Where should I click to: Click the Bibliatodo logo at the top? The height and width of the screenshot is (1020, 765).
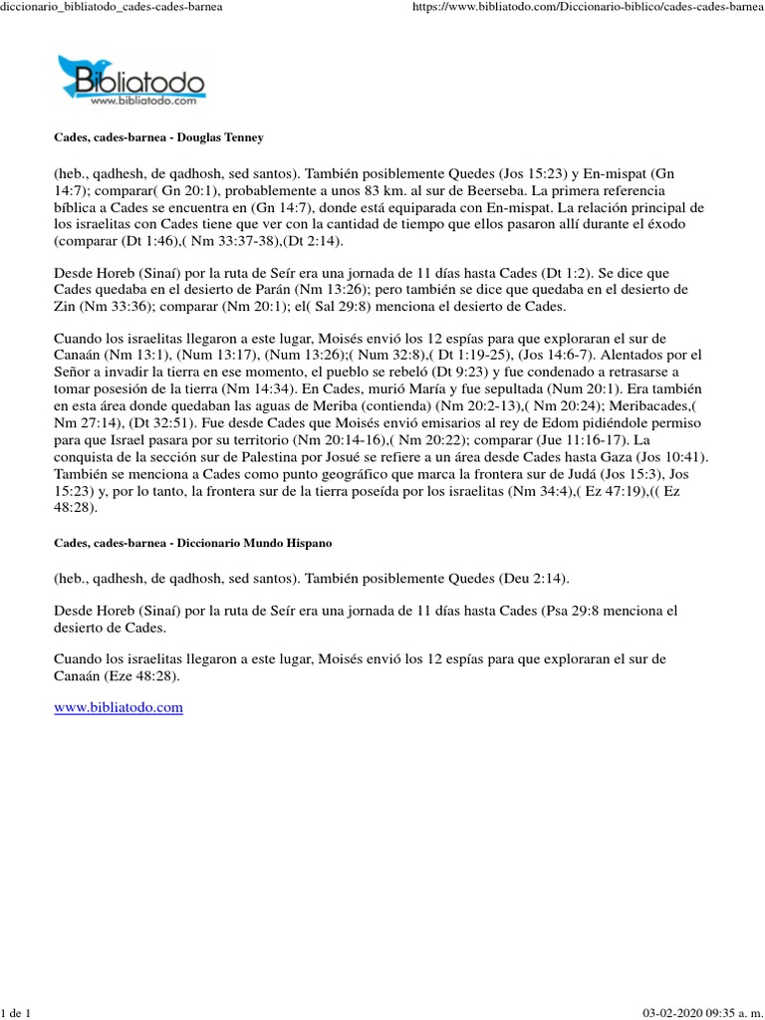131,80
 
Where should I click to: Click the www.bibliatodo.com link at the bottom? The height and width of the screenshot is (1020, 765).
118,707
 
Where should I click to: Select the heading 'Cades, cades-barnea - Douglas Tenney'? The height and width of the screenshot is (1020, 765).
158,134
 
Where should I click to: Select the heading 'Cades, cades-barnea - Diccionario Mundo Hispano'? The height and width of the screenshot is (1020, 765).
192,543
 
